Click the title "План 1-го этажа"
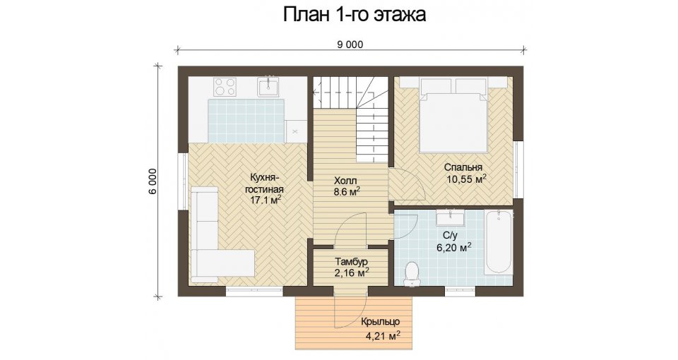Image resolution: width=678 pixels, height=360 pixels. (354, 14)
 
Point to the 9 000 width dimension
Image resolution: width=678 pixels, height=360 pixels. (351, 44)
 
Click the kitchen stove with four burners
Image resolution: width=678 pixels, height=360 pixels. (225, 86)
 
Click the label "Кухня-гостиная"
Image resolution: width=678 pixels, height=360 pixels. (264, 184)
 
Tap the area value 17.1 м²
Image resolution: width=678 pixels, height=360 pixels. (266, 200)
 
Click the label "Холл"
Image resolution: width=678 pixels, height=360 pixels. (345, 180)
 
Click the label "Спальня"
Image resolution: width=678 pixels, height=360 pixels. (463, 167)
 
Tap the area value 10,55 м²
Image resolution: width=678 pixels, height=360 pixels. (467, 179)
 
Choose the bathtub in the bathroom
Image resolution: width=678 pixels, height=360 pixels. (499, 241)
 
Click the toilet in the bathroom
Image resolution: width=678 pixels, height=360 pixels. (412, 275)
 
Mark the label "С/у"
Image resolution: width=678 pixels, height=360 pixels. (450, 236)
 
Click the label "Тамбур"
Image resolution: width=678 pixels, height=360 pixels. (351, 262)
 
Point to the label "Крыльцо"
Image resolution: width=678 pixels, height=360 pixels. (380, 322)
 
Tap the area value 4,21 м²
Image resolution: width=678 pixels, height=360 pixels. (383, 335)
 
